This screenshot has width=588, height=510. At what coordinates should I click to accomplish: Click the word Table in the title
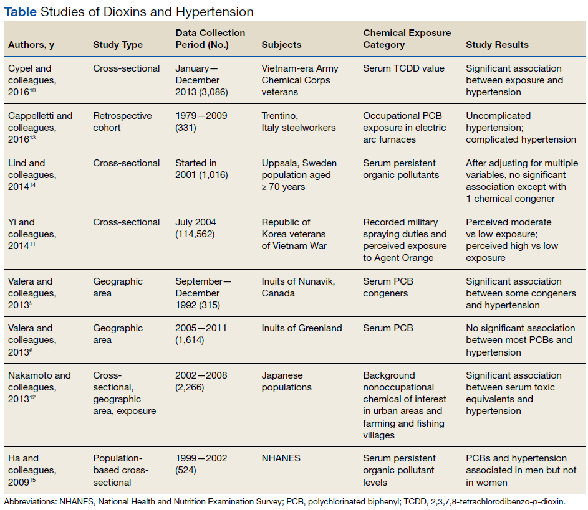coord(20,12)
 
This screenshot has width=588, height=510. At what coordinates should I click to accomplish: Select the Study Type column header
coord(118,45)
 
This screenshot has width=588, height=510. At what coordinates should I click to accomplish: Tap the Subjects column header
coord(281,45)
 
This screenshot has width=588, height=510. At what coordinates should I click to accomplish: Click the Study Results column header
coord(497,45)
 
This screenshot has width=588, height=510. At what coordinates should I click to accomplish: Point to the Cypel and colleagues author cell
coord(32,80)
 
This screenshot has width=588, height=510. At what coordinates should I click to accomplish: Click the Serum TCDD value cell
coord(403,68)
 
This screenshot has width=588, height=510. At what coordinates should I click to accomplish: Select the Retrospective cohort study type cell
coord(122,121)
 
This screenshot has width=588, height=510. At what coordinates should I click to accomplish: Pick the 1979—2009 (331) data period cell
coord(201,121)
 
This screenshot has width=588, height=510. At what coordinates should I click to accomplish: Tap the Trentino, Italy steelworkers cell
coord(299,121)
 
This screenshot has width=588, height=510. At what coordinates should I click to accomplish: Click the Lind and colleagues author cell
coord(32,175)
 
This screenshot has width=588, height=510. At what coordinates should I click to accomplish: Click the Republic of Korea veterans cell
coord(294,234)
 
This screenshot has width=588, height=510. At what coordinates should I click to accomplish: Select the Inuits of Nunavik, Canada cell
coord(298,287)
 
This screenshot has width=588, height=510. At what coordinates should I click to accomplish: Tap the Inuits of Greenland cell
coord(302,328)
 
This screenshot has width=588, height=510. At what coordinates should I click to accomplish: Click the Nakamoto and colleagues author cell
coord(39,387)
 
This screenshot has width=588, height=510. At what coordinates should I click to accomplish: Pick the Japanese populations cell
coord(286,381)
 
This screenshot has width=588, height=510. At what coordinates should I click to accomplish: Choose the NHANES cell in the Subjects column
coord(281,458)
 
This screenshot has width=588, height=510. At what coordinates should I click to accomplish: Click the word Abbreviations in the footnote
coord(30,502)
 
